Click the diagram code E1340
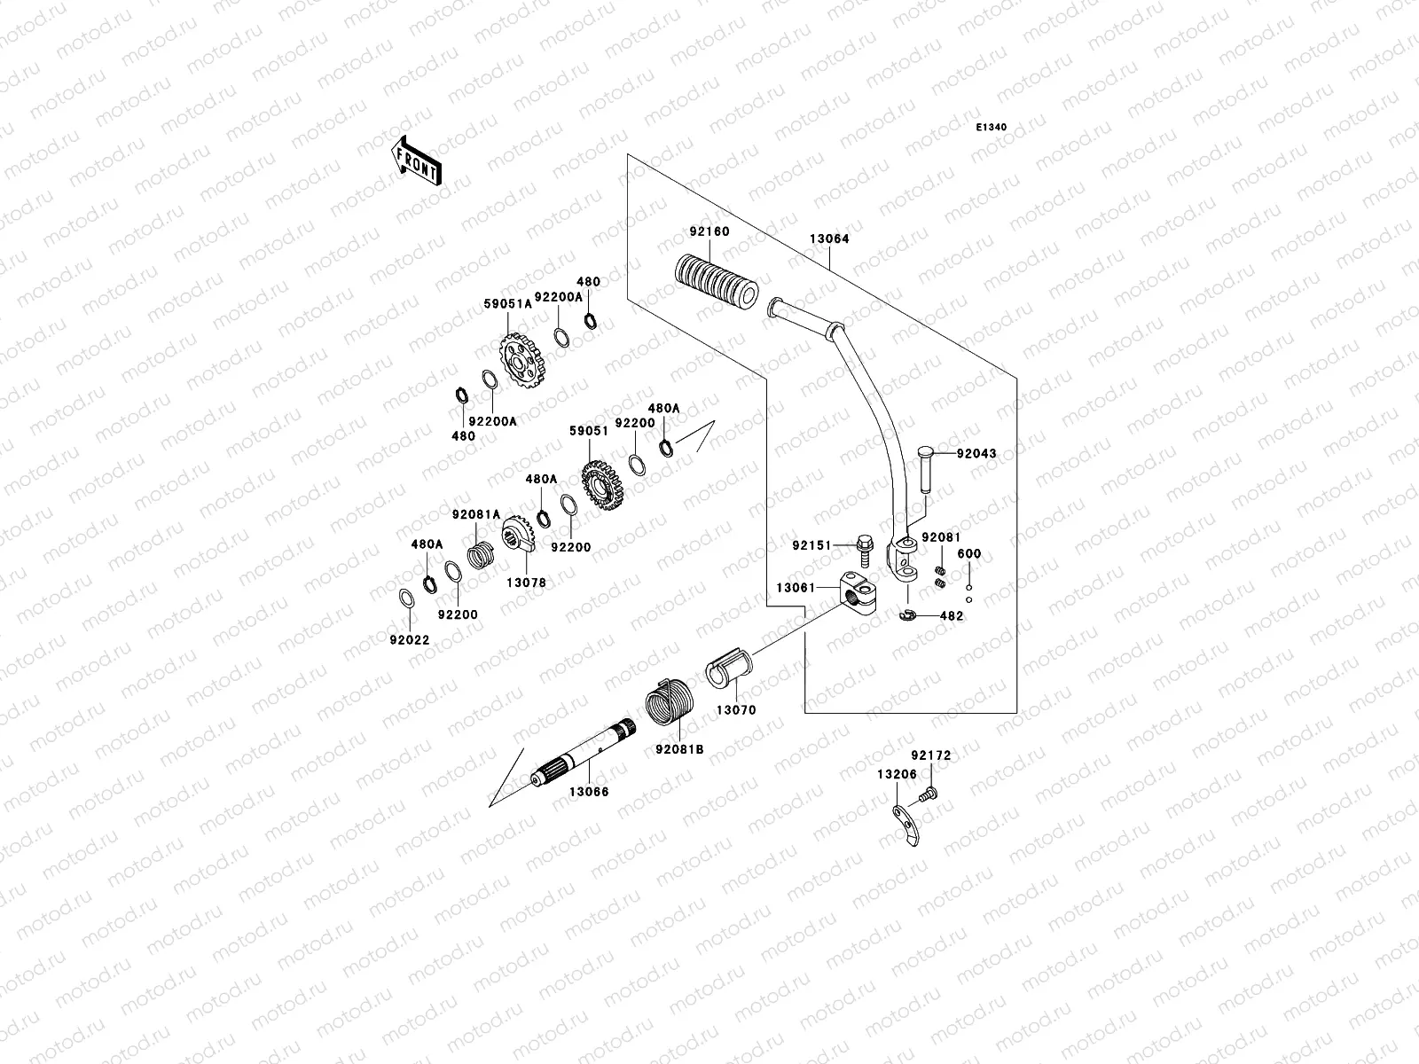(992, 128)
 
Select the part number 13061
(796, 587)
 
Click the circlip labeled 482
(909, 614)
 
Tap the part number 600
(969, 554)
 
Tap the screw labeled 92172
(929, 795)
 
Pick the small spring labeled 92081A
(481, 565)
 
